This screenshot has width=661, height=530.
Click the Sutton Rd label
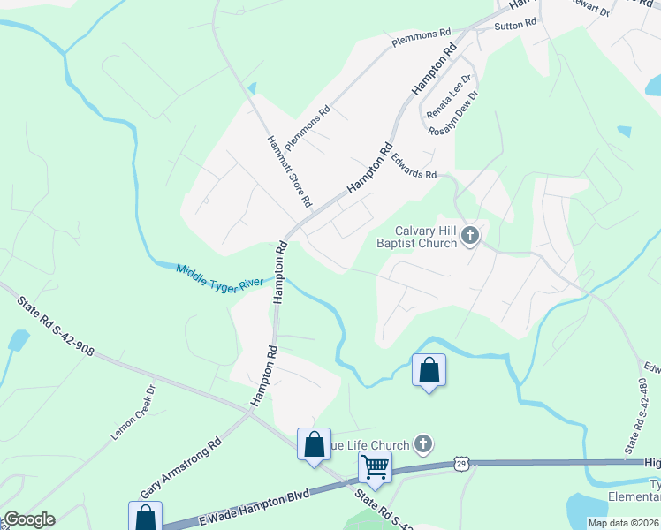pyautogui.click(x=516, y=26)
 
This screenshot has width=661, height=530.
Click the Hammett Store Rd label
pyautogui.click(x=290, y=170)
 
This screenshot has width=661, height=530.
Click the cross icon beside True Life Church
pyautogui.click(x=423, y=443)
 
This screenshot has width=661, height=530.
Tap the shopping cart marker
pyautogui.click(x=376, y=466)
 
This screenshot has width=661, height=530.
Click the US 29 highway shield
pyautogui.click(x=460, y=463)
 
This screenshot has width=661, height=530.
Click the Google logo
pyautogui.click(x=29, y=519)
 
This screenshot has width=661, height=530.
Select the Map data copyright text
pyautogui.click(x=623, y=523)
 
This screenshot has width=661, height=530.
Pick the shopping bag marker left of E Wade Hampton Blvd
pyautogui.click(x=145, y=517)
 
